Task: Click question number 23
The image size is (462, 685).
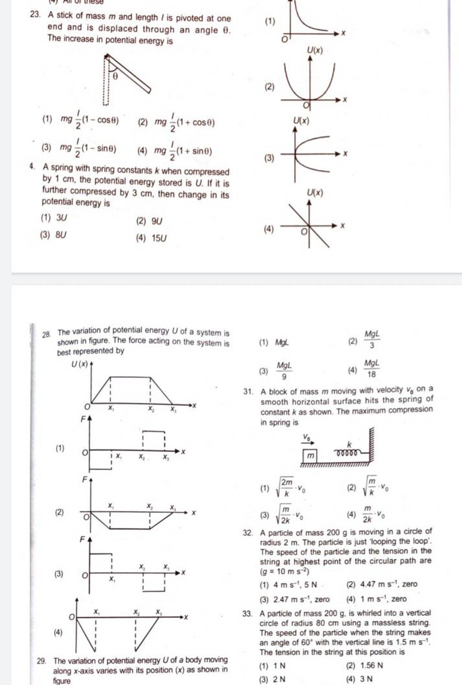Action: click(x=34, y=15)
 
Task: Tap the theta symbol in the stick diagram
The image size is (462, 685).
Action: click(x=115, y=76)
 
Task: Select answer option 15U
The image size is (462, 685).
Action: click(x=159, y=238)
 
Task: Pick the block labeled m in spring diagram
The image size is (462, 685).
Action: click(x=310, y=456)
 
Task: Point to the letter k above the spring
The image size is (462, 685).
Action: click(x=349, y=444)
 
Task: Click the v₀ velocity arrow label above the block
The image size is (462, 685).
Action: click(x=307, y=437)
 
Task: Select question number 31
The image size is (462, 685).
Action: click(x=247, y=392)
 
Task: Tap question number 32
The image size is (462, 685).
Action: click(x=247, y=533)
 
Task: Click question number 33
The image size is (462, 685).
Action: click(x=247, y=614)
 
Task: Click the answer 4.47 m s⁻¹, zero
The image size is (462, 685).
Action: click(x=388, y=584)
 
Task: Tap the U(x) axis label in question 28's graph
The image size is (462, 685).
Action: click(x=80, y=364)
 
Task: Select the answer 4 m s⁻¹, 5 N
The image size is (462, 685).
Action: click(x=295, y=585)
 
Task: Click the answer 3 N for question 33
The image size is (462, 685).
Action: click(x=366, y=679)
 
